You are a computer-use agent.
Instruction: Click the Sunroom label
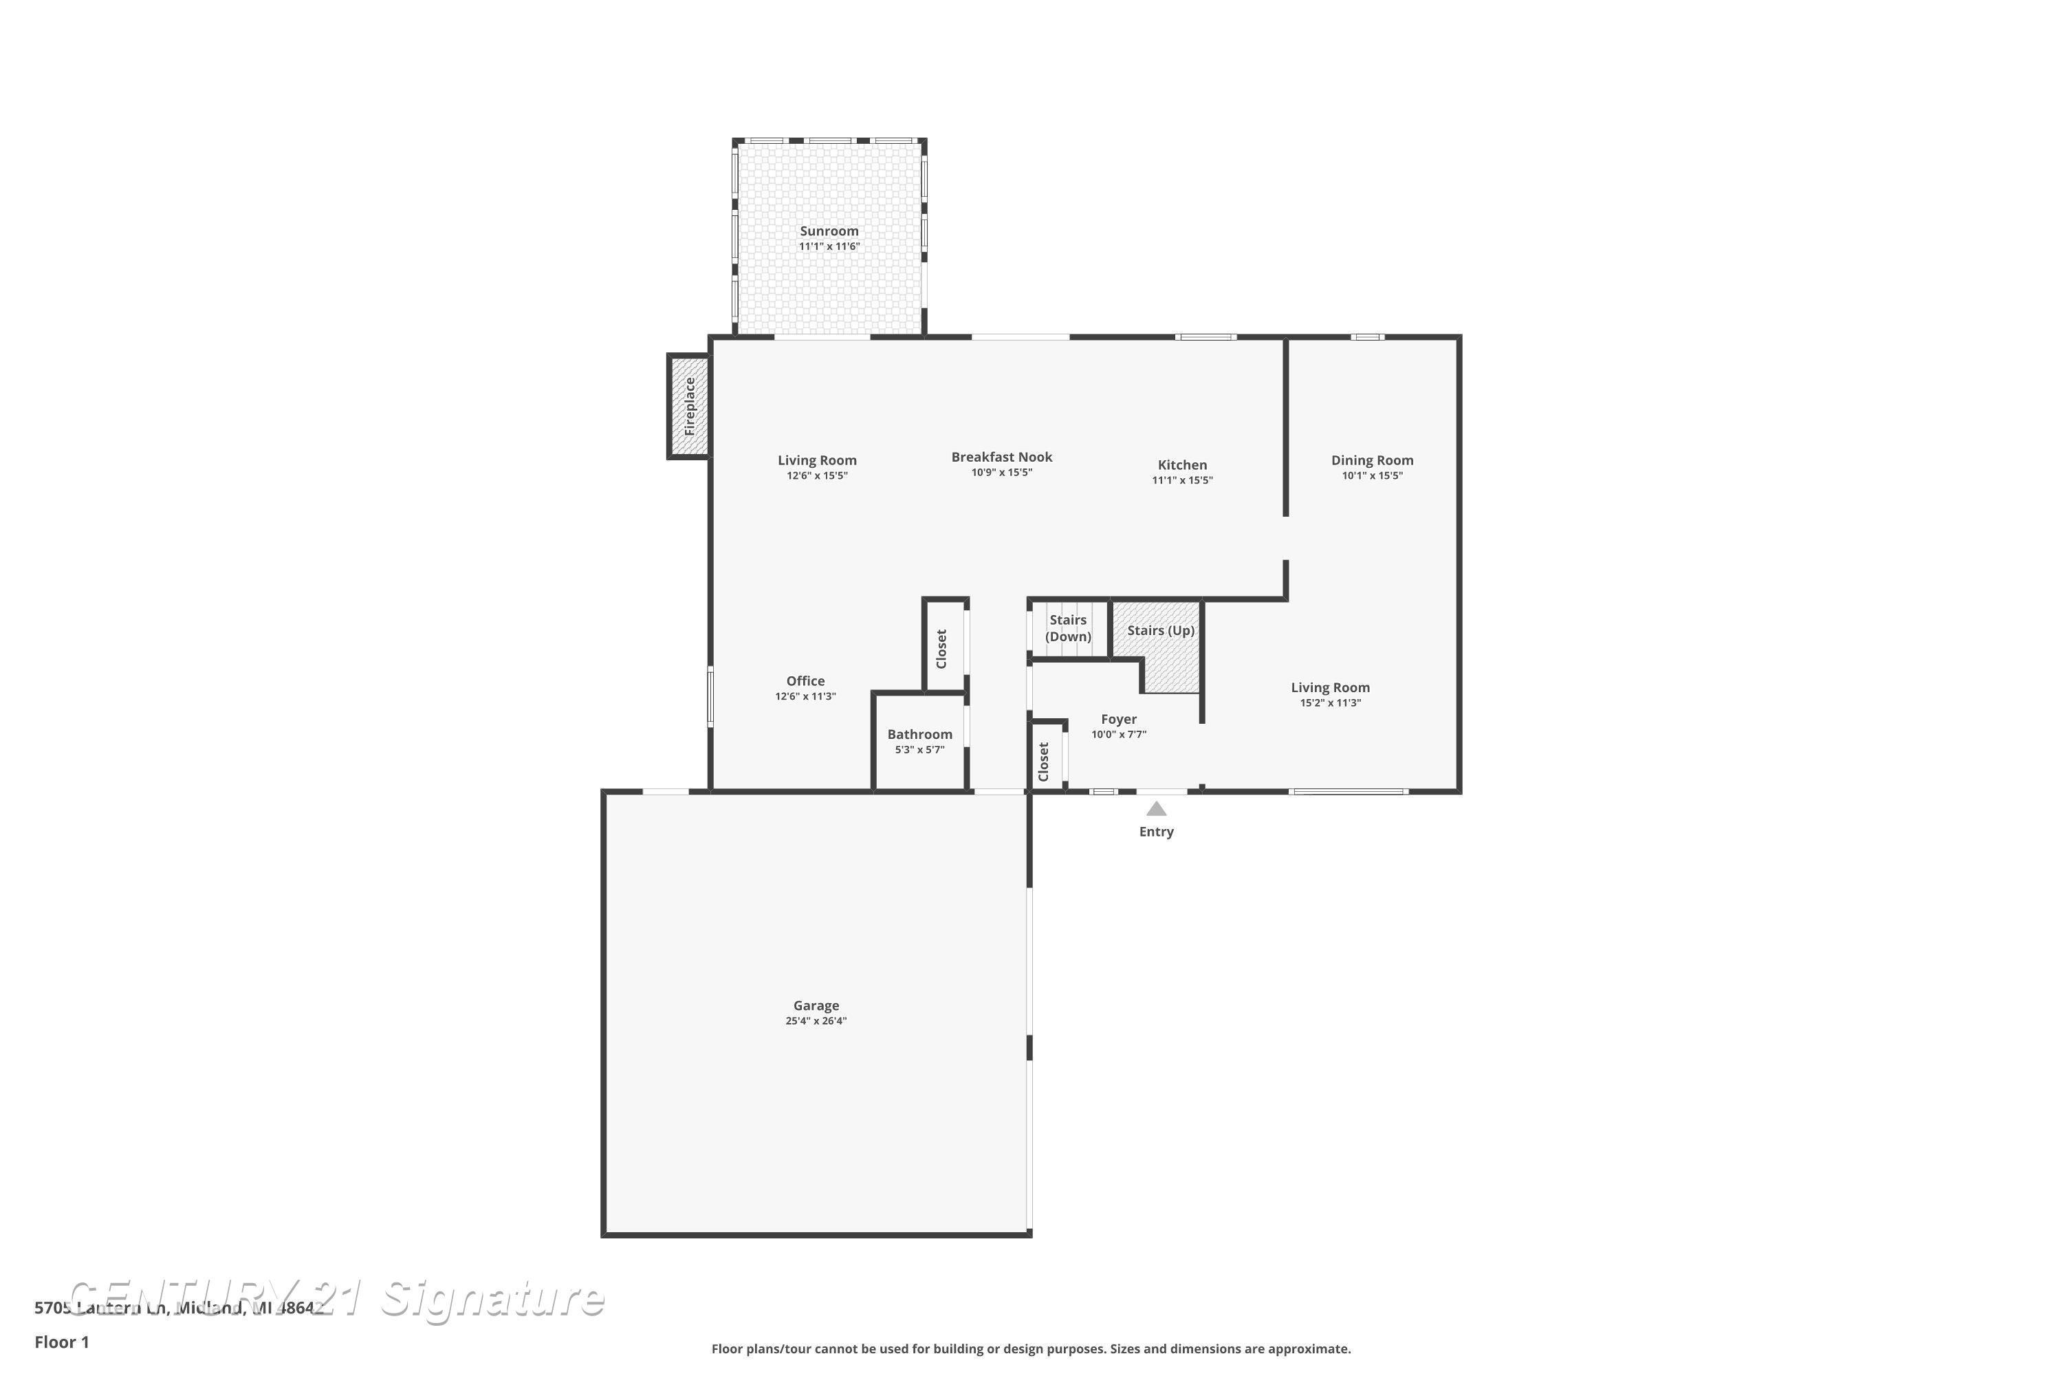828,230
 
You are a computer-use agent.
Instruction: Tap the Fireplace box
688,407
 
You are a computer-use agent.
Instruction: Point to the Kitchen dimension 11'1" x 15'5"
1181,480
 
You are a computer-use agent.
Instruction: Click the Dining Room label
1371,460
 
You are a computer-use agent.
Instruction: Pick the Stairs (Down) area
1067,628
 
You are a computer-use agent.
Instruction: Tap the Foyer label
1118,719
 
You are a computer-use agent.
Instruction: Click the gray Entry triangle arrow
1155,809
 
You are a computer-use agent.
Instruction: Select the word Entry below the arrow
1155,831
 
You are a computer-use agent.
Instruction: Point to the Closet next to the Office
943,647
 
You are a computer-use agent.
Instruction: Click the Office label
805,681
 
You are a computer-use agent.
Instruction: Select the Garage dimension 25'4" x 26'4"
815,1020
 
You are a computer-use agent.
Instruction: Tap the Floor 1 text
61,1342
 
